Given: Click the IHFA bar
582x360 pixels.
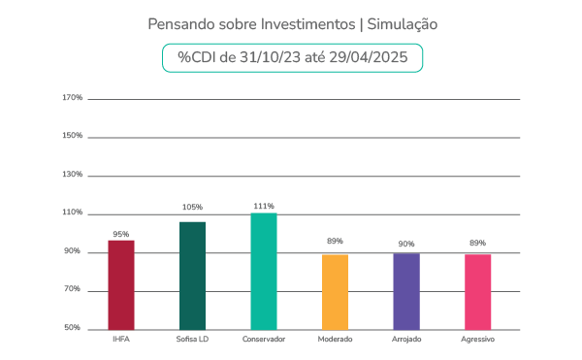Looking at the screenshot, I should (x=121, y=284).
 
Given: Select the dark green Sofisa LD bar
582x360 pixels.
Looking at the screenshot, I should (x=192, y=275).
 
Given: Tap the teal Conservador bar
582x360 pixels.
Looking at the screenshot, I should (x=264, y=271).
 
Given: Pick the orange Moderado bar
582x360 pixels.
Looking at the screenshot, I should (x=335, y=290).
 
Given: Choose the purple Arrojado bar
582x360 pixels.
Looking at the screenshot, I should (x=406, y=290).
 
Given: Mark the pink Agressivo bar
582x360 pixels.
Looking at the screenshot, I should (x=477, y=290).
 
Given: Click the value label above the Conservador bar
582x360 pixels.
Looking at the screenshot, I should (x=264, y=207).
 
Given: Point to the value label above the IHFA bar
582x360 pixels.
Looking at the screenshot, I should (x=121, y=234).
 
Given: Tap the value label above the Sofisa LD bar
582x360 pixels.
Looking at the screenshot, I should (x=192, y=207).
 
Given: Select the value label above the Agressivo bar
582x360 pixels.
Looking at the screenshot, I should (x=477, y=243).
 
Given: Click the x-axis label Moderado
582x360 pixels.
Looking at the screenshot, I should (x=335, y=340).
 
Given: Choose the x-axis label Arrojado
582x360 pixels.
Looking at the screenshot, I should (x=406, y=340).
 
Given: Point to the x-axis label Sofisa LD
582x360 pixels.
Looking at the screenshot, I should (x=192, y=340).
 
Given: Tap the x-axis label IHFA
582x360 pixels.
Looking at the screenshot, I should (x=121, y=340).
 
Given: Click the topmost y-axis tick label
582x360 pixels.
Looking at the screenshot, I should (x=71, y=98).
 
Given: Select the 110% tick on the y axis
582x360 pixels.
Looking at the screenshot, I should (x=71, y=213).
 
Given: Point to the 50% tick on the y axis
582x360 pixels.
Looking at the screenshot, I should (x=73, y=328).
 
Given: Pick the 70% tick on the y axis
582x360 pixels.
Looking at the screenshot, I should (x=73, y=290).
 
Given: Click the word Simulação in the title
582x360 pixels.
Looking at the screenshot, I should (x=397, y=22).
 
